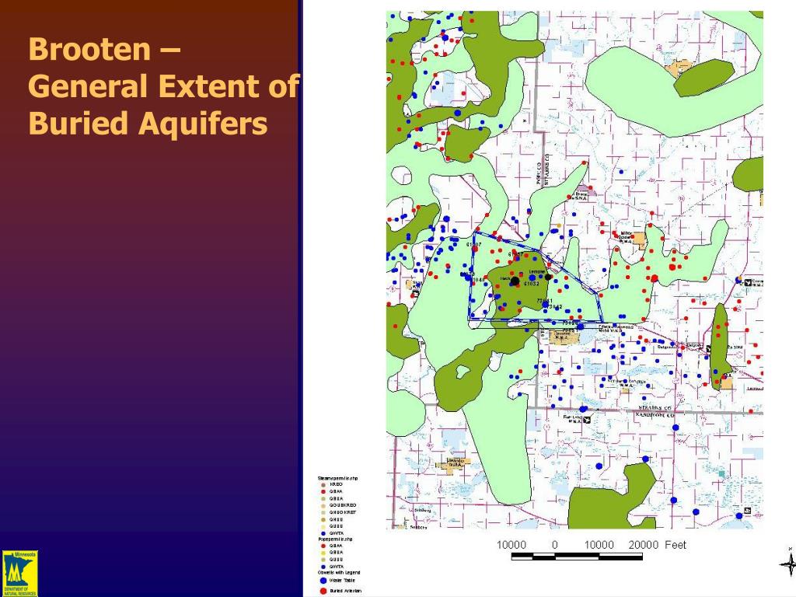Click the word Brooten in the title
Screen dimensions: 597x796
pos(90,51)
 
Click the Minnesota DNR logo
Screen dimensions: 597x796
pos(19,573)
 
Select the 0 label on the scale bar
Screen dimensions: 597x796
pos(555,545)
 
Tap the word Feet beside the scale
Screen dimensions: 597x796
pos(676,545)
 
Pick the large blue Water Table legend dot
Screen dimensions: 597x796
pos(323,580)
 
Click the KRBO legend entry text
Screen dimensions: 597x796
pos(336,484)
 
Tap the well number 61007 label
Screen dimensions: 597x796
pos(473,245)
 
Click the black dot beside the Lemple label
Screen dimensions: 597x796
pos(548,277)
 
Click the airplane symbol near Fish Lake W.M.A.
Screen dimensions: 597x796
pos(587,420)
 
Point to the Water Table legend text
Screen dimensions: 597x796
pos(340,580)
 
